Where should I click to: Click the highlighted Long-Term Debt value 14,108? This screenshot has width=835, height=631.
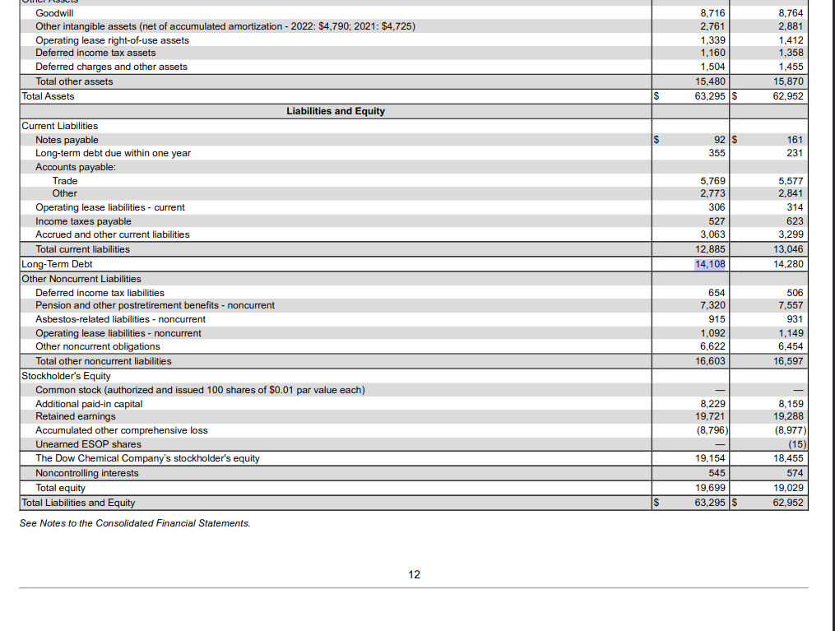tap(710, 264)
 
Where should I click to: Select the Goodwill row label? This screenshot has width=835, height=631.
tap(54, 13)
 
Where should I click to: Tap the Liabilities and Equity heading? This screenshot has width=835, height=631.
tap(335, 111)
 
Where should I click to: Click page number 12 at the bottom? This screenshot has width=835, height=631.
tap(414, 574)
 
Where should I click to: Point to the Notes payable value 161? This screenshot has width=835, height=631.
tap(795, 140)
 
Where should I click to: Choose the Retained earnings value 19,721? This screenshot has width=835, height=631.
tap(711, 416)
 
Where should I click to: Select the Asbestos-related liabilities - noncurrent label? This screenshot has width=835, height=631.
tap(120, 319)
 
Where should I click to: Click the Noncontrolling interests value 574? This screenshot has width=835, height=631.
tap(795, 473)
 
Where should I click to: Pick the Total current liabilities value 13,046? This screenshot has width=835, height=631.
tap(790, 249)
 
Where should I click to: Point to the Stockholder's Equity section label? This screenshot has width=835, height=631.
tap(66, 376)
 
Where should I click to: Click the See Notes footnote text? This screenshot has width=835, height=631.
tap(135, 523)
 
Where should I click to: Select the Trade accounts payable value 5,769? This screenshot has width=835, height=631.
tap(711, 181)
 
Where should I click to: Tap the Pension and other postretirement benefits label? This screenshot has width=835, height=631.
tap(155, 305)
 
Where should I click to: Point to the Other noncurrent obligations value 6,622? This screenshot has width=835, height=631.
tap(711, 346)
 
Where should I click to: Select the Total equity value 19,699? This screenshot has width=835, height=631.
tap(711, 488)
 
